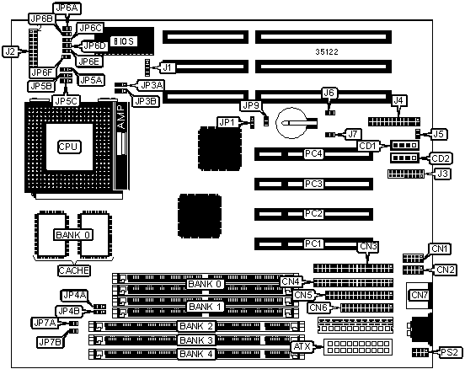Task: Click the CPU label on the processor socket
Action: [68, 147]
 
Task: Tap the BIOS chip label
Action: [124, 41]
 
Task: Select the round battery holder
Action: [291, 123]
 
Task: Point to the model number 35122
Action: [327, 52]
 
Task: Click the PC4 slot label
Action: [313, 154]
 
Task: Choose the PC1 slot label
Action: [313, 243]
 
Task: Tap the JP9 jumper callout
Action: [251, 105]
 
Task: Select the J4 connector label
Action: [399, 100]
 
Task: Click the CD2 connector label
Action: [441, 158]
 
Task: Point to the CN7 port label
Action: [420, 295]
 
